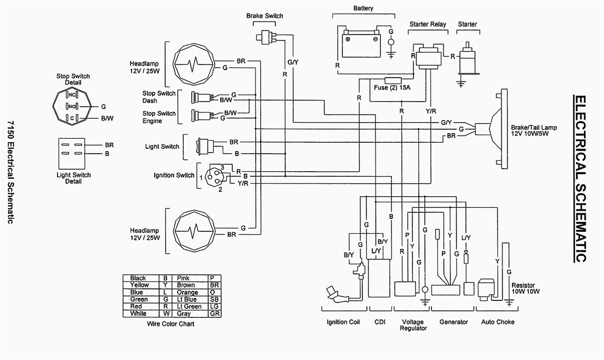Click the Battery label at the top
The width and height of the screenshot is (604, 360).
tap(363, 9)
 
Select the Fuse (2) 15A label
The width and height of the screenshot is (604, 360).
tap(392, 88)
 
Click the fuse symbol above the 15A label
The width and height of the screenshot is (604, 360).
tap(392, 80)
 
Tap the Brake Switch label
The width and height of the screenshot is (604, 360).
tap(264, 16)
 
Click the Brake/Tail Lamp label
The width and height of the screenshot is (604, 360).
tap(533, 131)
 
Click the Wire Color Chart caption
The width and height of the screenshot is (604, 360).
tap(171, 324)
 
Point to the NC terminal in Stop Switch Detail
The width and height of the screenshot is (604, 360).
tap(72, 95)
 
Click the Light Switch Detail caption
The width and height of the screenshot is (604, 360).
tap(74, 178)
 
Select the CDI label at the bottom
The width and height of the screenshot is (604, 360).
tap(380, 322)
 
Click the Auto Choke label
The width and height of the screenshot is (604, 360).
tap(498, 322)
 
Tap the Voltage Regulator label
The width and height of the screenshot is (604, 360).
tap(413, 325)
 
